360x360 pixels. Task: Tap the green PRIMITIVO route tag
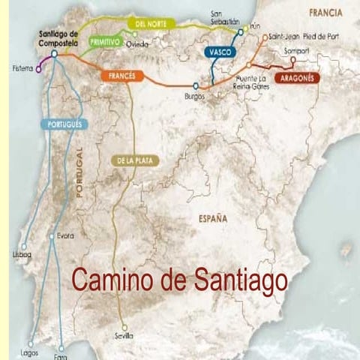pos(104,43)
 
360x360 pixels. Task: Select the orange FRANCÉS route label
pos(122,76)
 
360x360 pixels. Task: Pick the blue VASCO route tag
pos(220,52)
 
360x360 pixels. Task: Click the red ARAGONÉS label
pos(297,77)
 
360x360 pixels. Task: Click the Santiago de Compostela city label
pos(58,38)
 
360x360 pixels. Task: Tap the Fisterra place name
pos(22,67)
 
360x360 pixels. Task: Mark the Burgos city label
pos(194,97)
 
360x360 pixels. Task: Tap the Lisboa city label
pos(22,255)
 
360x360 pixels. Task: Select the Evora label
pos(66,236)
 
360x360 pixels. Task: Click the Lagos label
pos(30,351)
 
